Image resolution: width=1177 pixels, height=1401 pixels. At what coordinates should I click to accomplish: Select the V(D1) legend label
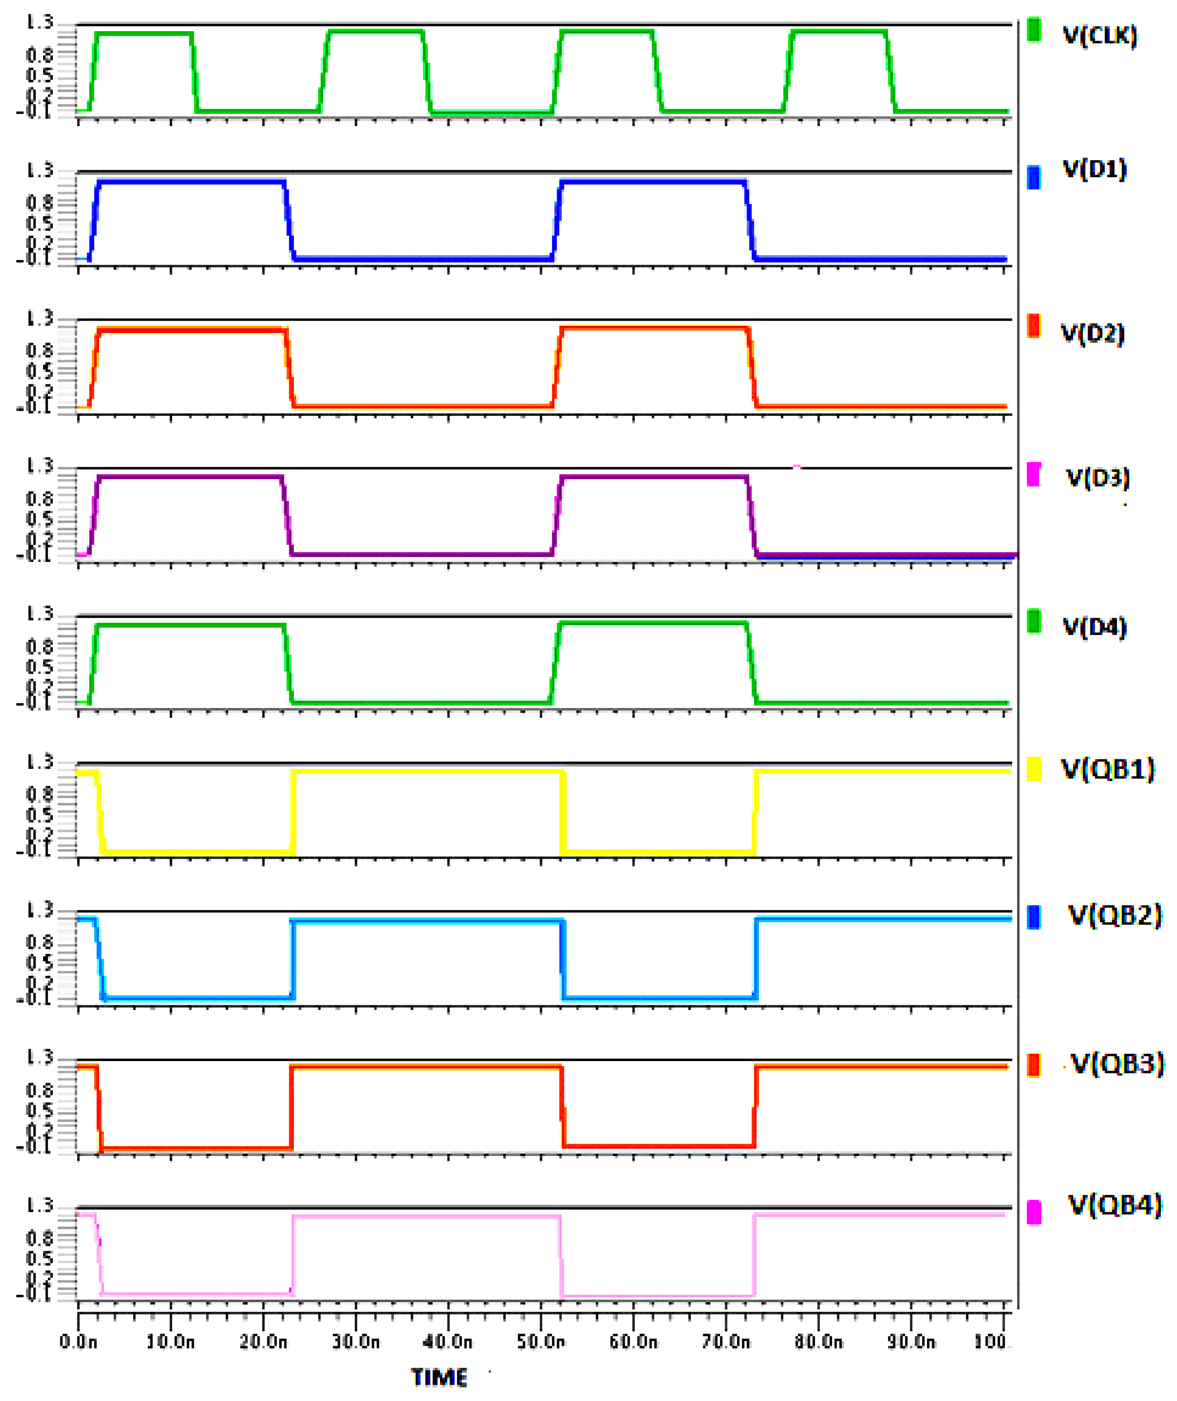point(1094,169)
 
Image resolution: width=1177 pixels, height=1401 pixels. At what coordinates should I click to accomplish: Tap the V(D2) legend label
point(1092,333)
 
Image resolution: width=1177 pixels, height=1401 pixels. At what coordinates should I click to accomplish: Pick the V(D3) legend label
point(1098,477)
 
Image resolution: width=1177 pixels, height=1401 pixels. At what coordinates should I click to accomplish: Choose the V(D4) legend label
point(1094,627)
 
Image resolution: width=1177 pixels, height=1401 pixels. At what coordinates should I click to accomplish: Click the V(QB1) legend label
point(1107,769)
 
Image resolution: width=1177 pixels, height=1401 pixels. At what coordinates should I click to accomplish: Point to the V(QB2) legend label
point(1114,915)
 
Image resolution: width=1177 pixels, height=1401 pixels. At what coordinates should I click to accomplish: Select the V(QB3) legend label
point(1117,1063)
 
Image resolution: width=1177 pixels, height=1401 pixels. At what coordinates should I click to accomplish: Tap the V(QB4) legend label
point(1114,1205)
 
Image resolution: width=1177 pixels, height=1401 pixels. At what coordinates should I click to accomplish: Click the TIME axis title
point(439,1377)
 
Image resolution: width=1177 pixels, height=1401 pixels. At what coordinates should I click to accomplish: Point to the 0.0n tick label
point(78,1341)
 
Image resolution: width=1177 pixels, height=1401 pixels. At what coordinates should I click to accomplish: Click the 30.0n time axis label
point(356,1341)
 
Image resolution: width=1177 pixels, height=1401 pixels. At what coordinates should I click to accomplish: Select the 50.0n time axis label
point(541,1341)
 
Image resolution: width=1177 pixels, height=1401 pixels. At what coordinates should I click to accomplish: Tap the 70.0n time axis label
point(726,1341)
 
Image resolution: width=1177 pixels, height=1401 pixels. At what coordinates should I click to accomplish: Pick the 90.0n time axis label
point(911,1341)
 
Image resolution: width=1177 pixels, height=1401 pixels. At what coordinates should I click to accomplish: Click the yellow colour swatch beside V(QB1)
point(1034,769)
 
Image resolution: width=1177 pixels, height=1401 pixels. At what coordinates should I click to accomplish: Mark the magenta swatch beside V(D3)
point(1034,474)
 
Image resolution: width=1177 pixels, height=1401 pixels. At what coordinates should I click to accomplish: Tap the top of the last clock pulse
point(838,32)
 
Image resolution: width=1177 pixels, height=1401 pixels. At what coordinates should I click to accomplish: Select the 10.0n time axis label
point(170,1341)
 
